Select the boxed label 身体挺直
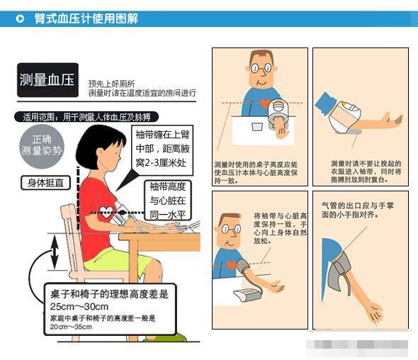(x=45, y=183)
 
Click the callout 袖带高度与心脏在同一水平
(x=168, y=201)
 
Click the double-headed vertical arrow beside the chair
(x=53, y=253)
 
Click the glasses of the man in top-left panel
(x=263, y=69)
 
